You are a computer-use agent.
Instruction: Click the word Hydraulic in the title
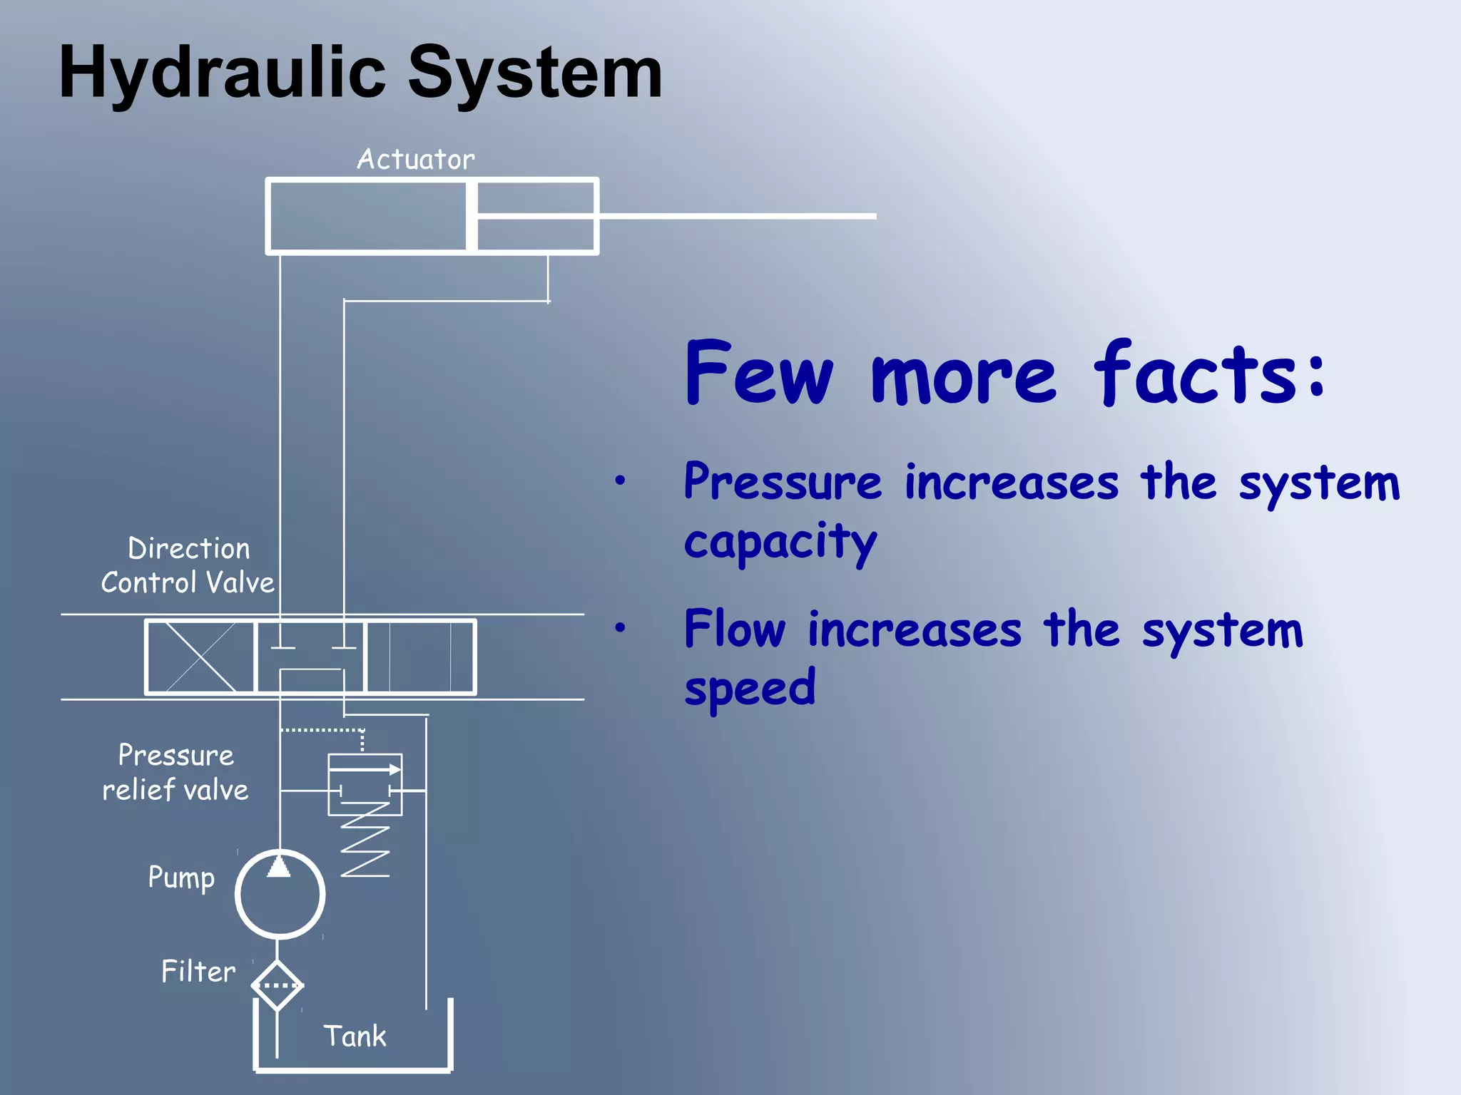tap(222, 73)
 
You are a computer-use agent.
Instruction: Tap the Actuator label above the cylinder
tap(415, 160)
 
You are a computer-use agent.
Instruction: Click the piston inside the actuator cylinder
tap(472, 216)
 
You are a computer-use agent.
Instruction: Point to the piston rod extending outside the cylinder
tap(735, 215)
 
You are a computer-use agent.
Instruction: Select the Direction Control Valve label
tap(188, 566)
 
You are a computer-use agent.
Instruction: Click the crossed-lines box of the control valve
tap(200, 657)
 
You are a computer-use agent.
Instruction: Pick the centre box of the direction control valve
tap(310, 657)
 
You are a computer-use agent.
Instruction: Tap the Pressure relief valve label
tap(175, 773)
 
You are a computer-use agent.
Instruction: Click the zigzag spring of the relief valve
tap(365, 841)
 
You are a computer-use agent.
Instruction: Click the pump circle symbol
tap(280, 894)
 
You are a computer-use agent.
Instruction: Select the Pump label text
tap(181, 878)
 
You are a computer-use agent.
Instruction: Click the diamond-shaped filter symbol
tap(278, 985)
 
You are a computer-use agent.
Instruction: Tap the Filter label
tap(198, 972)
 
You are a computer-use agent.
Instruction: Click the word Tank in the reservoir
tap(355, 1036)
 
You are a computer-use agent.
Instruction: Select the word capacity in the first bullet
tap(780, 542)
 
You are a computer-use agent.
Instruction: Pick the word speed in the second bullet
tap(749, 689)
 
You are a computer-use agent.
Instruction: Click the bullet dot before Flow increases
tap(620, 628)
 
